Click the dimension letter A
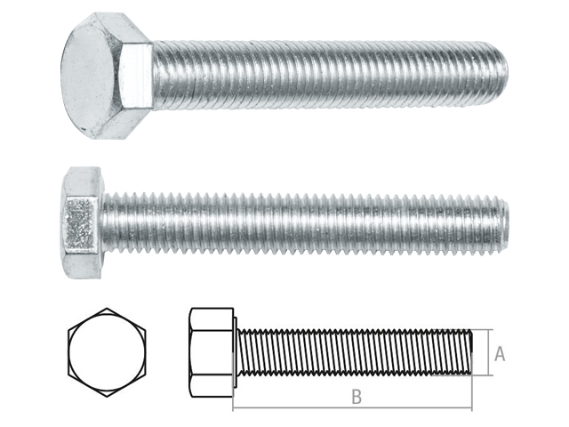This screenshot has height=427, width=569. pyautogui.click(x=500, y=354)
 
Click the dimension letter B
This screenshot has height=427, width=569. pyautogui.click(x=357, y=399)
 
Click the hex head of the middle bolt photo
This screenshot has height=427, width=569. pyautogui.click(x=80, y=222)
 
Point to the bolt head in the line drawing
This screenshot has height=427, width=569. pyautogui.click(x=210, y=354)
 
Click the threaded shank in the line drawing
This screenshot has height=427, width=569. pyautogui.click(x=356, y=354)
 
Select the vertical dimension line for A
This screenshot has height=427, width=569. pyautogui.click(x=489, y=354)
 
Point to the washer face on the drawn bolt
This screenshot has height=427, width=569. pyautogui.click(x=234, y=354)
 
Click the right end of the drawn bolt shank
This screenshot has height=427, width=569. pyautogui.click(x=471, y=354)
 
